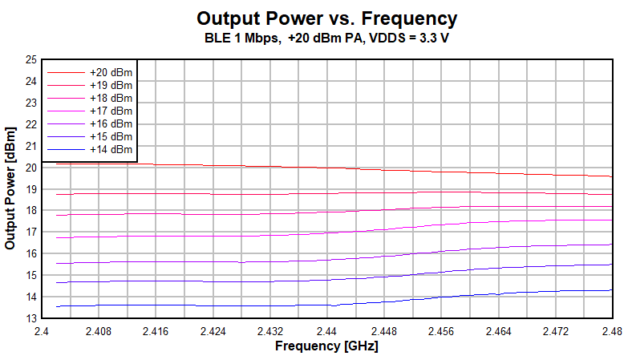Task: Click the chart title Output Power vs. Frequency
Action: (x=326, y=18)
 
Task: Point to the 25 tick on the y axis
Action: (x=31, y=59)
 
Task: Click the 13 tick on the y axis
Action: (x=31, y=318)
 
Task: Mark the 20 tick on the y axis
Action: (x=31, y=168)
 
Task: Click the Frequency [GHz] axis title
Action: (x=326, y=346)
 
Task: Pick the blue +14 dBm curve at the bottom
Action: (x=241, y=305)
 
